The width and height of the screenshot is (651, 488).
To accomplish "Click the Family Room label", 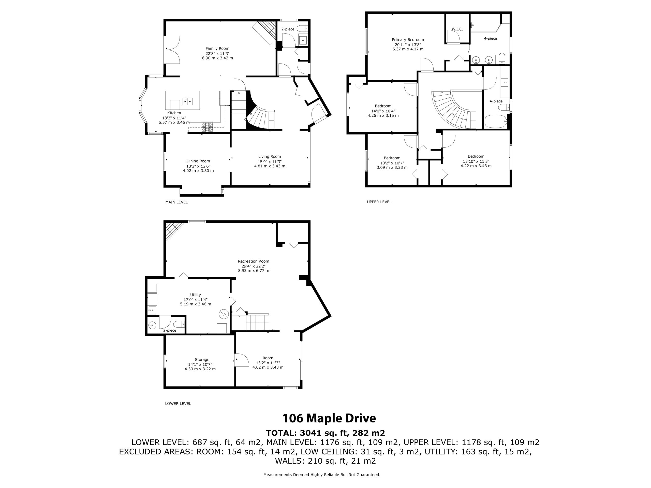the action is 217,49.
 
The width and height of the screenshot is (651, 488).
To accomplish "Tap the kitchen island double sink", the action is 188,101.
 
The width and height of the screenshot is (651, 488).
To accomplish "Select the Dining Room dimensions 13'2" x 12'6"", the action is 198,166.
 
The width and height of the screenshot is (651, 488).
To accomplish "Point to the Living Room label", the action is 270,157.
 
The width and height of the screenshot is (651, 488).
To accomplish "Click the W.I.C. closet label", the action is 457,29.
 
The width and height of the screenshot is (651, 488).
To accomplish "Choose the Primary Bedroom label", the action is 408,40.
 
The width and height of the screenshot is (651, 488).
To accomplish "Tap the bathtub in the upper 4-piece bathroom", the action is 496,121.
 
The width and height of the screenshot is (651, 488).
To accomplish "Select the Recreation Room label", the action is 253,261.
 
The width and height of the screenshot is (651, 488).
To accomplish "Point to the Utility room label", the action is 195,295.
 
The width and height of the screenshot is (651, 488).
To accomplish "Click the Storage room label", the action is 202,359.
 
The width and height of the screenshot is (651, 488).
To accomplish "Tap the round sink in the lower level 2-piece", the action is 152,325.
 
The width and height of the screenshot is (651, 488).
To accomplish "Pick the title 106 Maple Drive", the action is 329,418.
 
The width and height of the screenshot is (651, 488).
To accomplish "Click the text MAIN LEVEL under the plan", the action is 176,202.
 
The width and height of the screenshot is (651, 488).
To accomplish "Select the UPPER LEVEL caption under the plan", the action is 379,202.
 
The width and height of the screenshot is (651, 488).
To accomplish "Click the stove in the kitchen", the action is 207,127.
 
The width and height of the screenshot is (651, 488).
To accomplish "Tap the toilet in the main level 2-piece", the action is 302,28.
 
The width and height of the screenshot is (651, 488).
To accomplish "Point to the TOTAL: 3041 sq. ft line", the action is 325,433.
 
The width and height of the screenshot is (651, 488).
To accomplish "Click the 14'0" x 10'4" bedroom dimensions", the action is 383,111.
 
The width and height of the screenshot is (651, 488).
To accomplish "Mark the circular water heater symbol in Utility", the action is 224,314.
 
